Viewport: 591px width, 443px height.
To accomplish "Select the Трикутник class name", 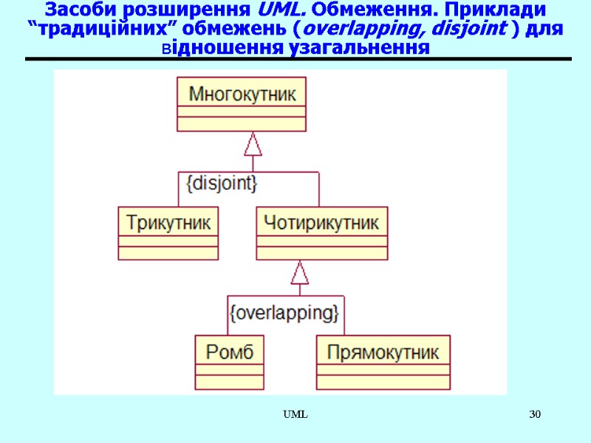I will point(168,221).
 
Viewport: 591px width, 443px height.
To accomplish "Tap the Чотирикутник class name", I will point(321,221).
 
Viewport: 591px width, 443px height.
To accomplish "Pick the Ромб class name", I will point(229,351).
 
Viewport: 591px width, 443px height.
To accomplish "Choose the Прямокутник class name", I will point(383,351).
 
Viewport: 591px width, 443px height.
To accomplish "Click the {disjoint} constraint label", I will point(222,182).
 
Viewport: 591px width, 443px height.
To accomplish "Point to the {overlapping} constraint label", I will point(284,312).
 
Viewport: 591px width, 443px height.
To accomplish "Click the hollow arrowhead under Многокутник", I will point(253,145).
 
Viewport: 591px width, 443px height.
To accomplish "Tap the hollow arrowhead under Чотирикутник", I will point(299,274).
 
